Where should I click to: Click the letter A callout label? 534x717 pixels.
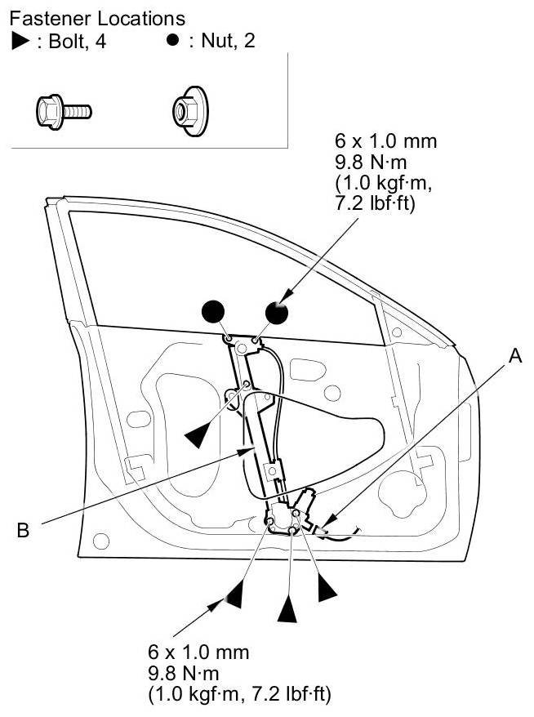pos(514,356)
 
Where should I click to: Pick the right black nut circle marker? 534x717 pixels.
pos(278,311)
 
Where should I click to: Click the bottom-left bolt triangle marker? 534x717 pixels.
pos(234,594)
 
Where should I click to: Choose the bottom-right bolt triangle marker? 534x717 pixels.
pos(328,587)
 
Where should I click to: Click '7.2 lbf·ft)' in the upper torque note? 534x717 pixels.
pos(378,203)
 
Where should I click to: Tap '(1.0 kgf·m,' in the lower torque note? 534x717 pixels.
pos(196,694)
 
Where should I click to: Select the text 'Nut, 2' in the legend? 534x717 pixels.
pos(223,41)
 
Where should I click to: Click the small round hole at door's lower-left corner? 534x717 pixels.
pos(101,540)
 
